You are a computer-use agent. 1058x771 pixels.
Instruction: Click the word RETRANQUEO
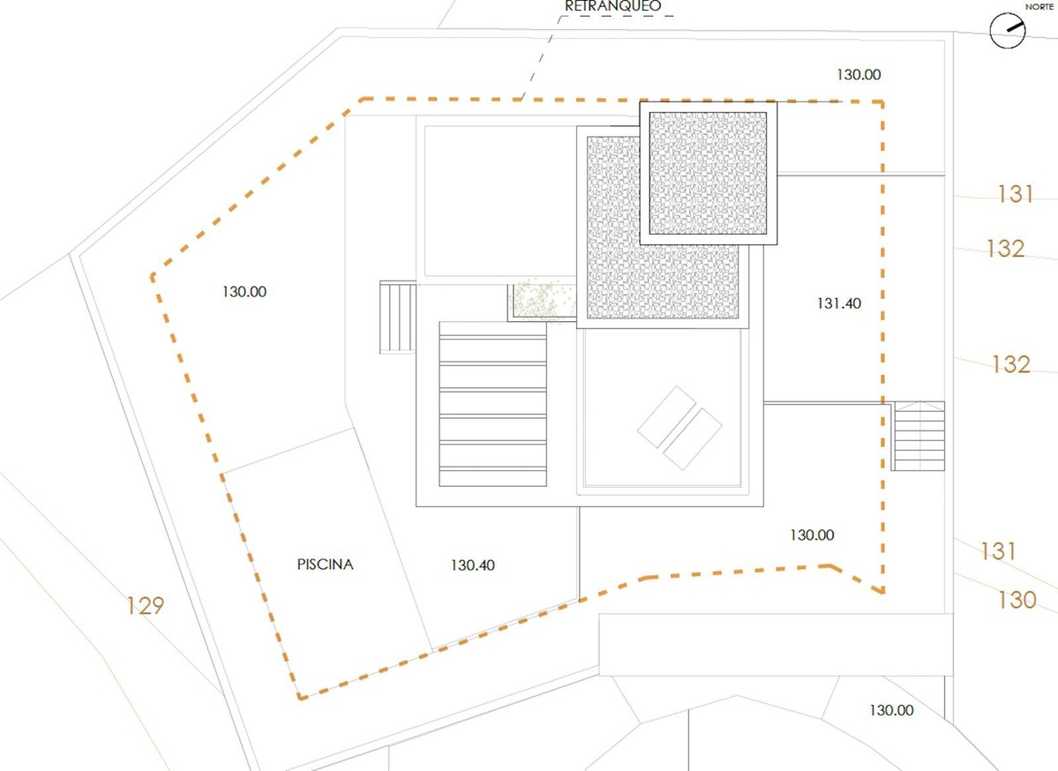[x=612, y=6]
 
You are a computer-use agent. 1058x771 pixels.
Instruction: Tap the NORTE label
[x=1039, y=7]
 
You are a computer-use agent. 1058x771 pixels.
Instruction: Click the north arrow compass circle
[x=1008, y=30]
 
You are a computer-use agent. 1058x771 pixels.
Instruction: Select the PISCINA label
[x=326, y=564]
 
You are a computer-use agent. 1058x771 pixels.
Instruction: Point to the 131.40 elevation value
[x=838, y=303]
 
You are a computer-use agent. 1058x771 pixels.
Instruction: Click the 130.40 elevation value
[x=472, y=565]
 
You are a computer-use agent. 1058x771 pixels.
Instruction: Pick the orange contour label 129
[x=145, y=606]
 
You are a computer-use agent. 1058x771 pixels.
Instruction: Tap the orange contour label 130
[x=1017, y=600]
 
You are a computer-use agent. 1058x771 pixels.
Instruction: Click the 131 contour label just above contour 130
[x=998, y=551]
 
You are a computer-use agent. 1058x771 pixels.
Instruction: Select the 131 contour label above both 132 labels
[x=1016, y=194]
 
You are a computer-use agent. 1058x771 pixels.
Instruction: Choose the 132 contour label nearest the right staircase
[x=1010, y=364]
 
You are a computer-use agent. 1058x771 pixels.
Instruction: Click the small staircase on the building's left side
[x=398, y=317]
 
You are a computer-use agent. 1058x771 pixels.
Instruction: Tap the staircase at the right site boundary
[x=918, y=436]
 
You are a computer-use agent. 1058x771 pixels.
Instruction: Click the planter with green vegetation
[x=542, y=302]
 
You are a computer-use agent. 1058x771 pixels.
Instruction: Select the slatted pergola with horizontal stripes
[x=492, y=404]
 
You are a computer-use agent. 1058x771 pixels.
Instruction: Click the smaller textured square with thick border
[x=708, y=174]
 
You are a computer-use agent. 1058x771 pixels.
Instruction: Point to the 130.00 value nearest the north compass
[x=859, y=75]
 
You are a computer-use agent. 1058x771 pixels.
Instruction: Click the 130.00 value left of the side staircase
[x=244, y=292]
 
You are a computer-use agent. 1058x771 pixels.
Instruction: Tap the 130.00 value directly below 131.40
[x=812, y=535]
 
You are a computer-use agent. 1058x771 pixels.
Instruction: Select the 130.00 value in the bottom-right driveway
[x=891, y=710]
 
